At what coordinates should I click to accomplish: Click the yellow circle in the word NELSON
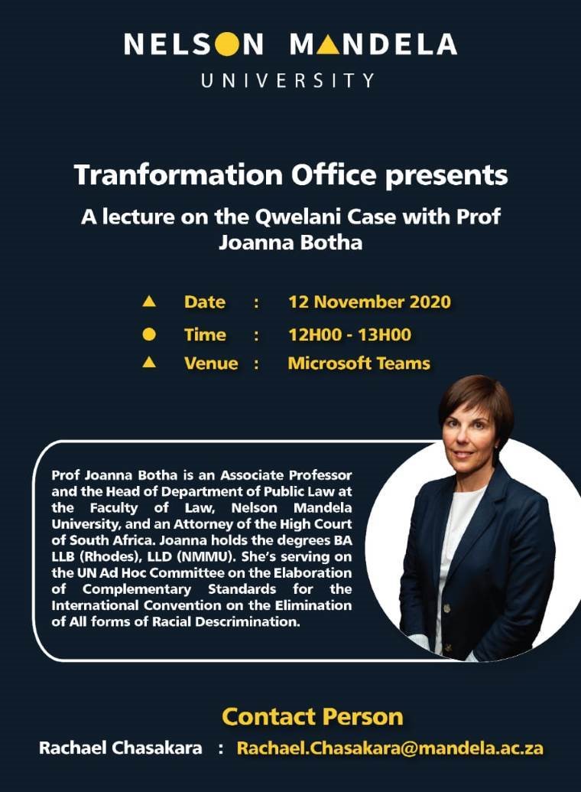[x=226, y=44]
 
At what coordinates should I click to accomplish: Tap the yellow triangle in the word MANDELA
[x=329, y=44]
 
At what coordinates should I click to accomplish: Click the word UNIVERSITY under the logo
[x=287, y=81]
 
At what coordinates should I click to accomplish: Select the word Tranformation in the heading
[x=178, y=174]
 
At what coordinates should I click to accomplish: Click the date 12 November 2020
[x=369, y=302]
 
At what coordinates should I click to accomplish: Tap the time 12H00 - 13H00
[x=349, y=335]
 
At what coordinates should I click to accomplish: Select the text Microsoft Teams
[x=359, y=363]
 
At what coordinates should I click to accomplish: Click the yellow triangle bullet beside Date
[x=149, y=301]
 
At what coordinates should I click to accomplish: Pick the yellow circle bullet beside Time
[x=149, y=334]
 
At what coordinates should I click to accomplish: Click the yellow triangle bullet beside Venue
[x=149, y=362]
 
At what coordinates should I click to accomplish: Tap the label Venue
[x=211, y=363]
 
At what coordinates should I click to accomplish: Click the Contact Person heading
[x=313, y=717]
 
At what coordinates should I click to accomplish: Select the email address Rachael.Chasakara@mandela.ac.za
[x=390, y=748]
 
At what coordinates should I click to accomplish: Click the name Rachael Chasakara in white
[x=121, y=748]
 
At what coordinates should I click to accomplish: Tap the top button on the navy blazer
[x=446, y=608]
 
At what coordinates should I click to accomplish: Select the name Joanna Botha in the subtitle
[x=290, y=243]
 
